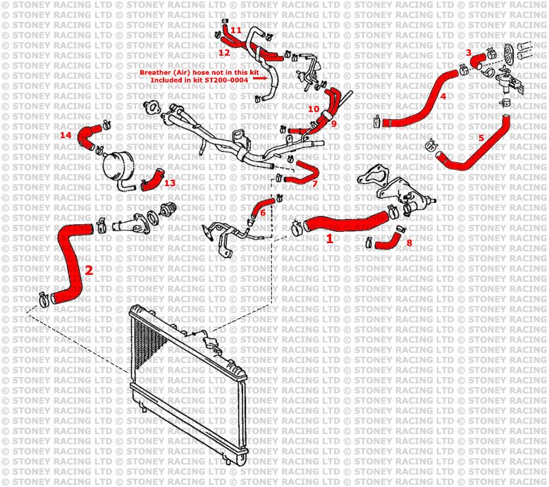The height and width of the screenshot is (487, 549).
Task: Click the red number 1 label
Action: click(329, 239)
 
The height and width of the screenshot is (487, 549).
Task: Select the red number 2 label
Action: click(88, 269)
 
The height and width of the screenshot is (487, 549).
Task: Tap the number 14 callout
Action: click(66, 135)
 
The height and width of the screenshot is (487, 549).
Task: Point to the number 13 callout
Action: click(169, 183)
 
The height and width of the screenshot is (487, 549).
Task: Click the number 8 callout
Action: click(409, 242)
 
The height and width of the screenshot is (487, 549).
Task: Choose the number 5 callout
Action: click(481, 138)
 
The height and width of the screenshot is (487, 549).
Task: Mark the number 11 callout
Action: click(235, 30)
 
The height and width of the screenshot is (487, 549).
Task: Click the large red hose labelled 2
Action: click(70, 261)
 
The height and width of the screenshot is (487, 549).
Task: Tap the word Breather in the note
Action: click(155, 73)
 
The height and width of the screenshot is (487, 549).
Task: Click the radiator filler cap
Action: click(212, 345)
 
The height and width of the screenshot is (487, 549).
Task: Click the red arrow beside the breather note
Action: click(259, 80)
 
